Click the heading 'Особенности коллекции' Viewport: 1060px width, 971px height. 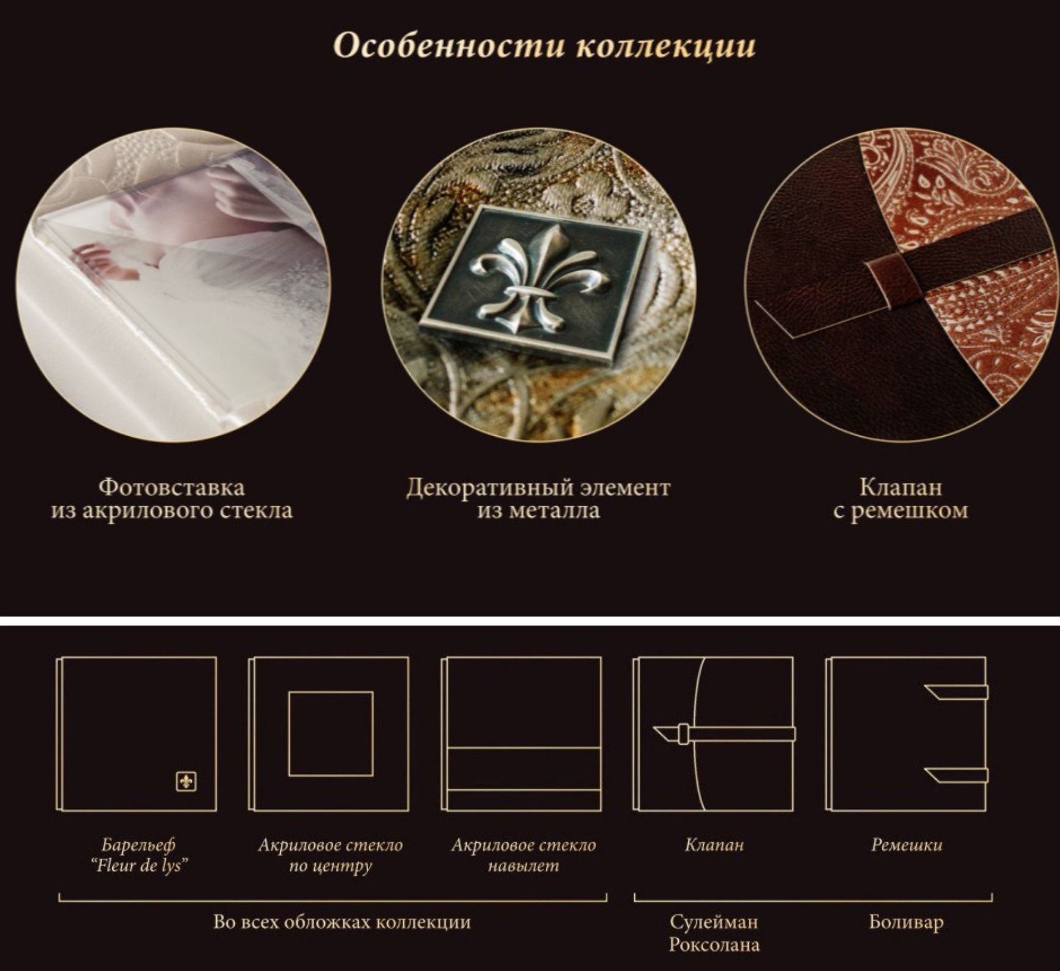pos(544,46)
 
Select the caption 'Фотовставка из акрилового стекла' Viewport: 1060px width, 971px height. pos(172,499)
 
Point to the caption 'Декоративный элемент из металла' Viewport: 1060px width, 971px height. pos(538,499)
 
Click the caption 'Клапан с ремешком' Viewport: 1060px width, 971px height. pos(900,499)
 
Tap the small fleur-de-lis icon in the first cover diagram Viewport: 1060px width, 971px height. pos(186,782)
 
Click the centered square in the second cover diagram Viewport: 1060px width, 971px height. pos(331,733)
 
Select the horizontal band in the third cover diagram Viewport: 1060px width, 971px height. pos(524,769)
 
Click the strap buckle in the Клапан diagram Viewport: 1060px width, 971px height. pos(684,734)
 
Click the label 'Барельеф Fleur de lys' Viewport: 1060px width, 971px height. pos(139,855)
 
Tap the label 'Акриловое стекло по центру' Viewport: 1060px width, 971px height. pos(330,855)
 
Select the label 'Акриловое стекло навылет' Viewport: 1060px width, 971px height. pos(523,855)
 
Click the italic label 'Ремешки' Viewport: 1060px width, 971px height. pos(906,845)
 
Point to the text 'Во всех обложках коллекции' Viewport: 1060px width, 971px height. pos(341,922)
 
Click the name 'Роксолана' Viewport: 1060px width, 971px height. pos(714,944)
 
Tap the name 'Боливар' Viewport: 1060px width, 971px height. pos(906,922)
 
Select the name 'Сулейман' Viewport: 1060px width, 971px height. pos(714,922)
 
